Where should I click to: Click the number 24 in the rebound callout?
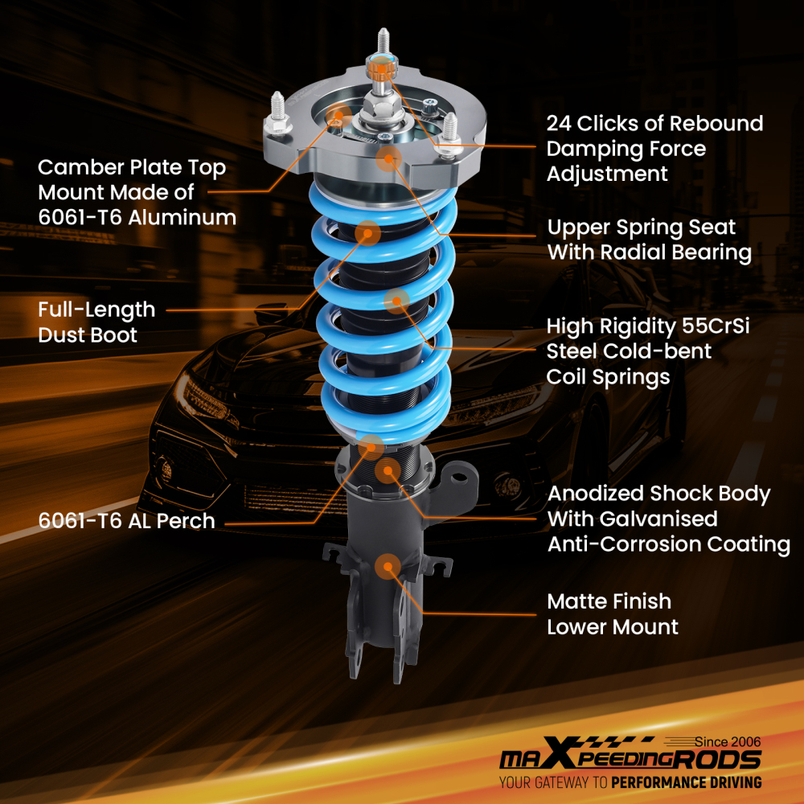560,124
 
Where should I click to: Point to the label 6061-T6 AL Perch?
126,521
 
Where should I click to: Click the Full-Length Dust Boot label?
96,322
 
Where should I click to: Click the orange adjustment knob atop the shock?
381,68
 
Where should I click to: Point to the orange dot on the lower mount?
387,566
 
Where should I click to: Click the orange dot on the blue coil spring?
396,301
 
